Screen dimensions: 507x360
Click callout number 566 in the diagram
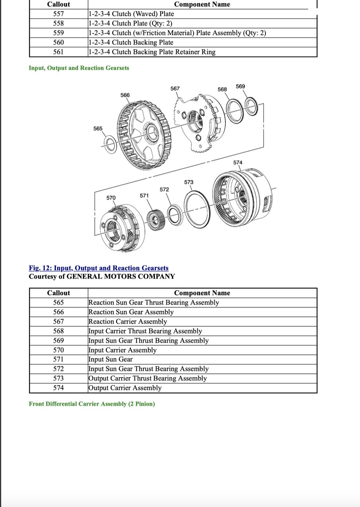point(125,95)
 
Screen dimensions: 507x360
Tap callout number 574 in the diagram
point(238,163)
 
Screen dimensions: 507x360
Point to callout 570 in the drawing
point(111,198)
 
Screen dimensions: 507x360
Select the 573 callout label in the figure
point(189,182)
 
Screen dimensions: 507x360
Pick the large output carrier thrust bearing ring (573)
point(197,209)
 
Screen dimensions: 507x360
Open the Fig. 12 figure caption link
point(99,268)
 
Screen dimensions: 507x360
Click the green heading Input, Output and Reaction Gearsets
point(79,68)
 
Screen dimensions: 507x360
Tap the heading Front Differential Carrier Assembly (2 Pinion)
point(92,404)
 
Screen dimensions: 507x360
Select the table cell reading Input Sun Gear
point(110,359)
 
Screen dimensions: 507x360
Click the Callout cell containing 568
point(59,331)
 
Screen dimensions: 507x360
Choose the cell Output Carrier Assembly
point(125,388)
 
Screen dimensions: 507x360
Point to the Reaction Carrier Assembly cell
point(128,322)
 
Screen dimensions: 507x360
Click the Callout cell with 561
point(59,52)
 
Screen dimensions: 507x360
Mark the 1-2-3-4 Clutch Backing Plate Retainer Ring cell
point(152,52)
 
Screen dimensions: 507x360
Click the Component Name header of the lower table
point(202,293)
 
